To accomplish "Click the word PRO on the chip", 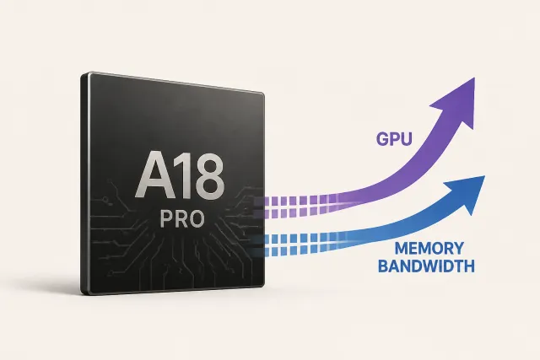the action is pyautogui.click(x=182, y=219).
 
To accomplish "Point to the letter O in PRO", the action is pyautogui.click(x=197, y=219).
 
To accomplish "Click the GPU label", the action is pyautogui.click(x=394, y=139).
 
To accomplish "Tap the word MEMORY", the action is pyautogui.click(x=429, y=249).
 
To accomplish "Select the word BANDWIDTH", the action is pyautogui.click(x=426, y=266).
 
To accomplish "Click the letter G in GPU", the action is pyautogui.click(x=382, y=139).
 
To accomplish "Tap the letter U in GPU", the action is pyautogui.click(x=407, y=139).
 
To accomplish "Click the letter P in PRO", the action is pyautogui.click(x=166, y=219).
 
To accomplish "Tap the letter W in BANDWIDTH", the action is pyautogui.click(x=431, y=266).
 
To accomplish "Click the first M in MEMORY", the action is pyautogui.click(x=402, y=249).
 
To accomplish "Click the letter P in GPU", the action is pyautogui.click(x=395, y=139).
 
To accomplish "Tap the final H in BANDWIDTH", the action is pyautogui.click(x=469, y=266).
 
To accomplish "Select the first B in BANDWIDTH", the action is pyautogui.click(x=383, y=266).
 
